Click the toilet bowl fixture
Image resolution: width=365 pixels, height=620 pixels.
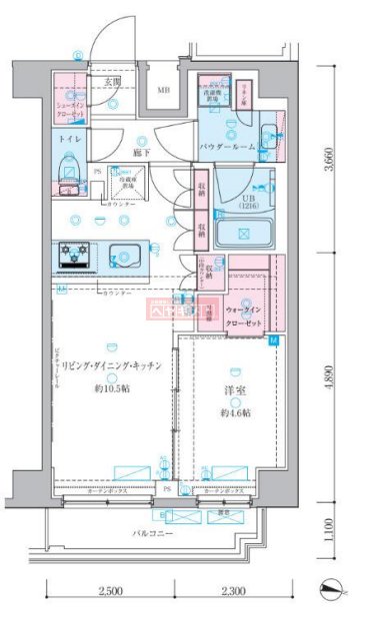tap(69, 171)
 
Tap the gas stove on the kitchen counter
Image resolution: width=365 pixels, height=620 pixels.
tap(73, 257)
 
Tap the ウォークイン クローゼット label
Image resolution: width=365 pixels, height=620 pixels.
tap(244, 318)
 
